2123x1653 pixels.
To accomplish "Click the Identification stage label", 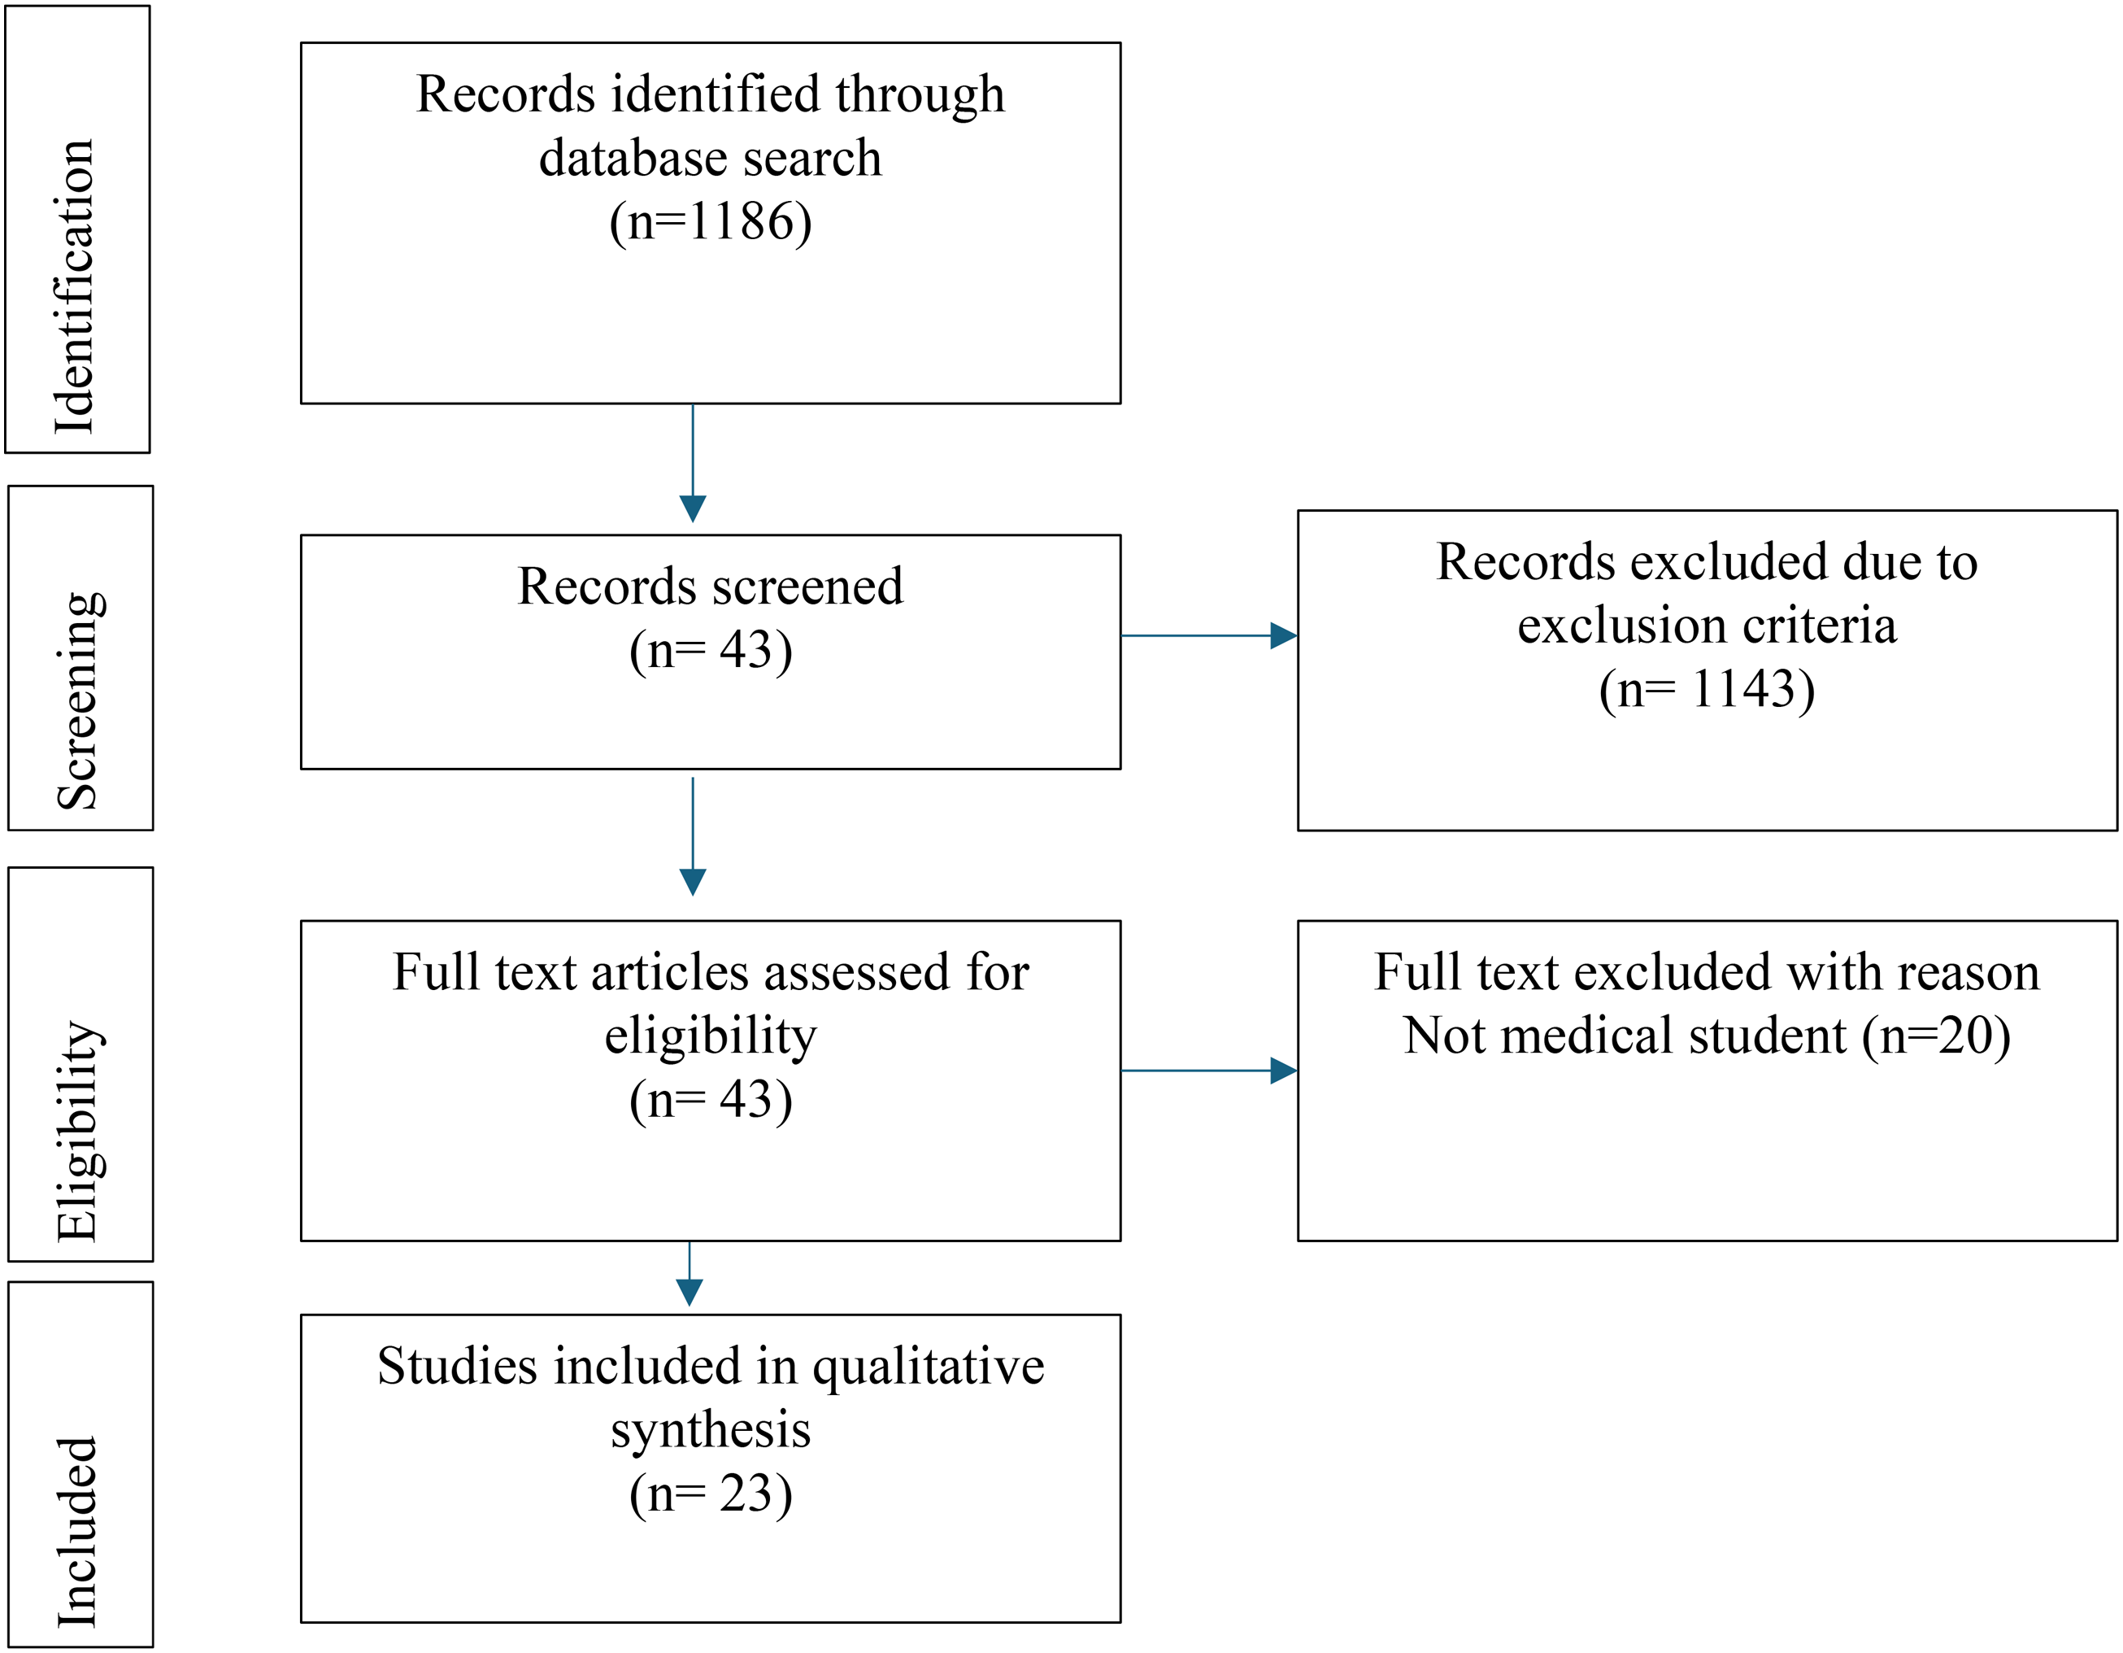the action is [x=75, y=287].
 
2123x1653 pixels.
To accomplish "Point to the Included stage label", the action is [x=76, y=1532].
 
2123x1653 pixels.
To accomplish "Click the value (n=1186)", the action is [x=711, y=222].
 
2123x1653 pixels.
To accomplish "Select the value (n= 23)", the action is [x=711, y=1494].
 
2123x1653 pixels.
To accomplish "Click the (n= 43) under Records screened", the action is [x=711, y=651].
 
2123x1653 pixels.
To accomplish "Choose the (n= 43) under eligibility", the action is [x=711, y=1101].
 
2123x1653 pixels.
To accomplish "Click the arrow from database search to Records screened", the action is [x=693, y=464].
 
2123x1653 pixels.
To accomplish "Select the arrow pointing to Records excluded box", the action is [x=1209, y=636].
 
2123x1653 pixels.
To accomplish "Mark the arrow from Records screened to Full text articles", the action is [x=693, y=836].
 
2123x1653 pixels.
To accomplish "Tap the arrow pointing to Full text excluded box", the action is [x=1209, y=1071].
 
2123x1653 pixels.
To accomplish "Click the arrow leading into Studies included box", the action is [x=690, y=1274].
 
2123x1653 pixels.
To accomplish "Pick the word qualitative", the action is [x=929, y=1368].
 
